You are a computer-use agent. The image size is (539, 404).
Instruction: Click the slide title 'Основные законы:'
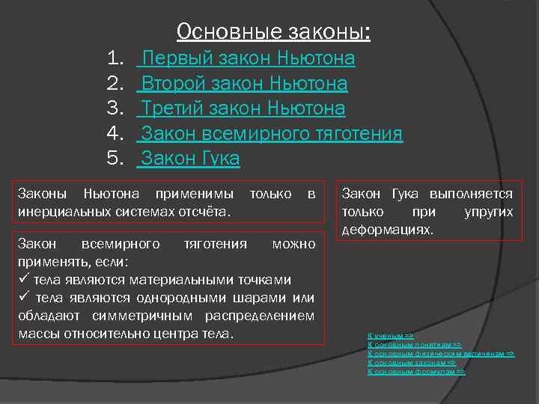273,31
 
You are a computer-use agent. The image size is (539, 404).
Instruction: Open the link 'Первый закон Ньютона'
248,58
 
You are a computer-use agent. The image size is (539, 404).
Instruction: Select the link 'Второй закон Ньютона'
244,83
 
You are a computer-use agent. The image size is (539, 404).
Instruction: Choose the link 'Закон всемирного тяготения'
272,134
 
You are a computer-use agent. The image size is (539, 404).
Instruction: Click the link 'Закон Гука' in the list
190,159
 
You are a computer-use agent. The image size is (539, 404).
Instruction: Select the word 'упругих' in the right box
488,212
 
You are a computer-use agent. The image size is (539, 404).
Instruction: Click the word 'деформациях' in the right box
387,229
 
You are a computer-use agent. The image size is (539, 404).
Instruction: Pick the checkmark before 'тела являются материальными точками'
22,280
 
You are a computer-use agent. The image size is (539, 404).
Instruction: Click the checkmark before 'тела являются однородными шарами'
22,298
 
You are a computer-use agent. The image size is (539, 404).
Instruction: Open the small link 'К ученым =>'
391,336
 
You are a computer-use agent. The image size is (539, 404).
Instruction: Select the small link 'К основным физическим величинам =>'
441,353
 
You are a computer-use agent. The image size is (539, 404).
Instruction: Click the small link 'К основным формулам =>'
416,371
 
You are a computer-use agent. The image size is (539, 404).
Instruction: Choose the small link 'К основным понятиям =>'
414,344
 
